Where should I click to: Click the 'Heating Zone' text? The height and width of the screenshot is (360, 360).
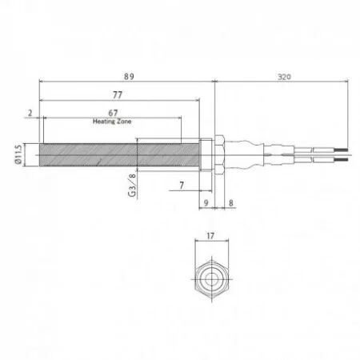pyautogui.click(x=113, y=122)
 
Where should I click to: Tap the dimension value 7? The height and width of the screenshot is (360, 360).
pyautogui.click(x=182, y=185)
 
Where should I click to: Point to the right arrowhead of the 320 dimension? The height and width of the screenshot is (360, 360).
pyautogui.click(x=347, y=81)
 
